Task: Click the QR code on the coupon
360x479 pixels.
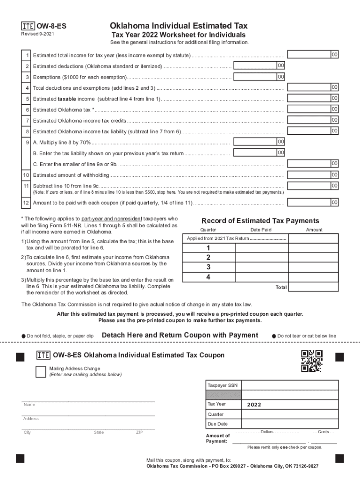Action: pos(311,361)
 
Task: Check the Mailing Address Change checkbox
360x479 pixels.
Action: pos(41,371)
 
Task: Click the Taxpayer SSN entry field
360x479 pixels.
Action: pos(290,385)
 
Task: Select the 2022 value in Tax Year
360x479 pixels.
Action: pos(254,405)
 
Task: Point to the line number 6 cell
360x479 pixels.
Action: pos(28,109)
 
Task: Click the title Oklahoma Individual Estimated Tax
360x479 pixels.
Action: pos(179,26)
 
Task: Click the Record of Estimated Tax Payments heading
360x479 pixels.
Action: pos(260,221)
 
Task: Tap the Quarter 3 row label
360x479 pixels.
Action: pos(208,267)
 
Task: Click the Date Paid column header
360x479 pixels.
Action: pos(260,230)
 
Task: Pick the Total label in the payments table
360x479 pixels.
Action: pos(281,287)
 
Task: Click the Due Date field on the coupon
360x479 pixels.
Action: pos(290,424)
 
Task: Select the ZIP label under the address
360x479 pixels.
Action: pos(139,432)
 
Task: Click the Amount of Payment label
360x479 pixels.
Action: pos(218,438)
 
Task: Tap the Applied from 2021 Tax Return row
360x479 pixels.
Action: pos(236,239)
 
